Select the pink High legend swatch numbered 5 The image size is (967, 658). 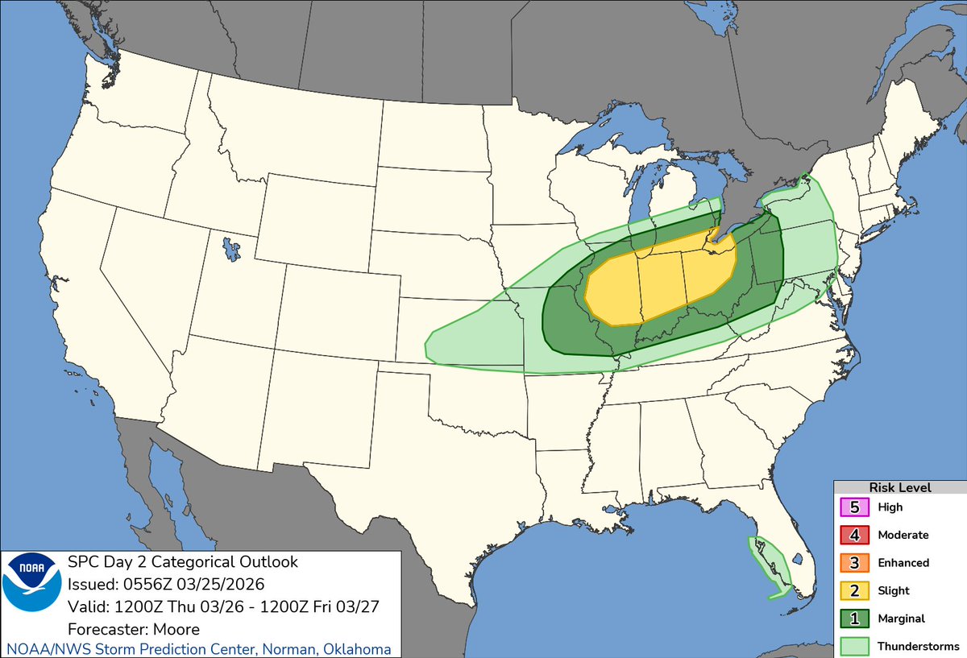pos(853,507)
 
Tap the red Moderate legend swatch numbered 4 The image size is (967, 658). pos(853,535)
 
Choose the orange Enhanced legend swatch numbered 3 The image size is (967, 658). pos(853,563)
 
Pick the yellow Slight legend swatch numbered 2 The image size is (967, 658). pos(853,590)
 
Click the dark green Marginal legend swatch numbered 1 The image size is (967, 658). pos(853,619)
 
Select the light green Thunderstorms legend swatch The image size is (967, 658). pos(853,646)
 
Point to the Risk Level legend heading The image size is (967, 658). pos(899,487)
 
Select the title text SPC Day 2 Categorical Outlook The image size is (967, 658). pos(183,561)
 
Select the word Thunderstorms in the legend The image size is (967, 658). pos(919,646)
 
